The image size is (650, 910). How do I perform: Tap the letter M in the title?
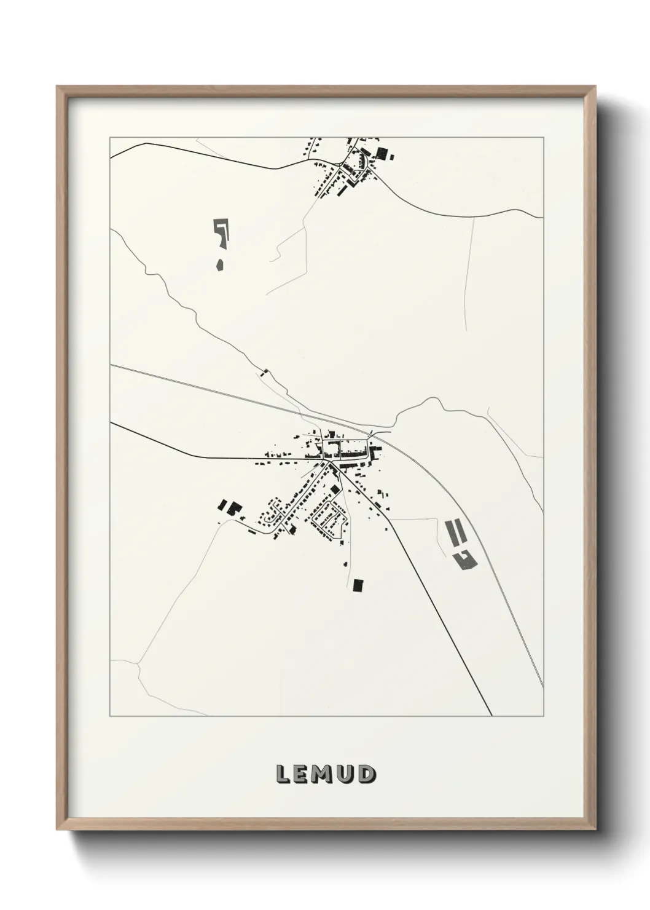(x=325, y=775)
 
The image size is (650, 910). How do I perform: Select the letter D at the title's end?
(x=367, y=775)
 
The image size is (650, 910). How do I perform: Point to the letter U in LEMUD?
(x=347, y=775)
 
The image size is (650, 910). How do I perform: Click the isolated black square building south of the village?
(x=358, y=585)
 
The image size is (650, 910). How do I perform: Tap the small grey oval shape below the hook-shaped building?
(x=219, y=266)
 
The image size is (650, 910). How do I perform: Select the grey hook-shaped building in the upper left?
(x=222, y=231)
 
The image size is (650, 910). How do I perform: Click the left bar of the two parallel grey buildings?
(x=450, y=532)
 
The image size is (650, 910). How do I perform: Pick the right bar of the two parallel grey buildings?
(x=460, y=532)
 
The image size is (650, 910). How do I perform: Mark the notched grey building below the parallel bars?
(x=464, y=559)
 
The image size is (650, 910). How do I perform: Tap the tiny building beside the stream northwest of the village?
(x=265, y=371)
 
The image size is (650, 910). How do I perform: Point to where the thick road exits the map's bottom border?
(x=491, y=716)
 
